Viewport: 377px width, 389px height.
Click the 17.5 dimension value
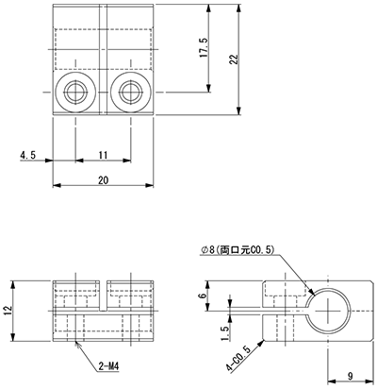[x=204, y=47]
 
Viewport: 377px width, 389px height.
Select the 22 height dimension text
[x=234, y=59]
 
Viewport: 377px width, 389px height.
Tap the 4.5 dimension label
[x=28, y=155]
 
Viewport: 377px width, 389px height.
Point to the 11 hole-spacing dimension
[x=103, y=155]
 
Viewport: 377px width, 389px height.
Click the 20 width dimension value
[x=103, y=180]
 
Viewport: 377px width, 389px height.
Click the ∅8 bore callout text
[x=238, y=250]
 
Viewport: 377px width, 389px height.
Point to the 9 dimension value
[x=351, y=376]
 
